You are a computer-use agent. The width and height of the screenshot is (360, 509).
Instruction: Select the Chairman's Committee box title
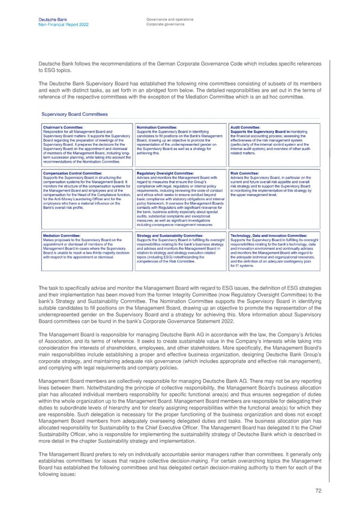(x=63, y=127)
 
